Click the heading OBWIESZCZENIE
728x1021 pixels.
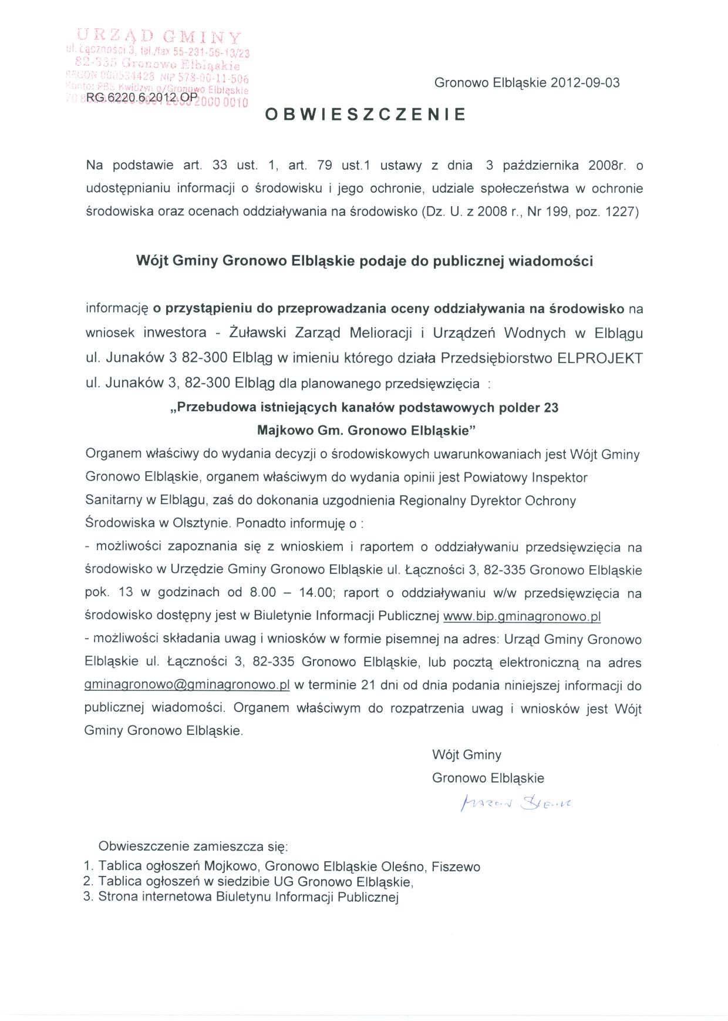[365, 115]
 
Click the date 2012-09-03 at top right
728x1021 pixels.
[585, 83]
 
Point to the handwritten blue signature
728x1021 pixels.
[515, 803]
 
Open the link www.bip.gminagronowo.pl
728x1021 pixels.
[522, 616]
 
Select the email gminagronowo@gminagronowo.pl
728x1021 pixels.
[187, 685]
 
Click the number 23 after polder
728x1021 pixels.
[551, 408]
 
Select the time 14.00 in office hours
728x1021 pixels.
[315, 592]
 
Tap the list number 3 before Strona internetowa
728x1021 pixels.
[88, 897]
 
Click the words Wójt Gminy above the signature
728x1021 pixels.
[467, 755]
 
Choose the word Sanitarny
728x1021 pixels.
[113, 501]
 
